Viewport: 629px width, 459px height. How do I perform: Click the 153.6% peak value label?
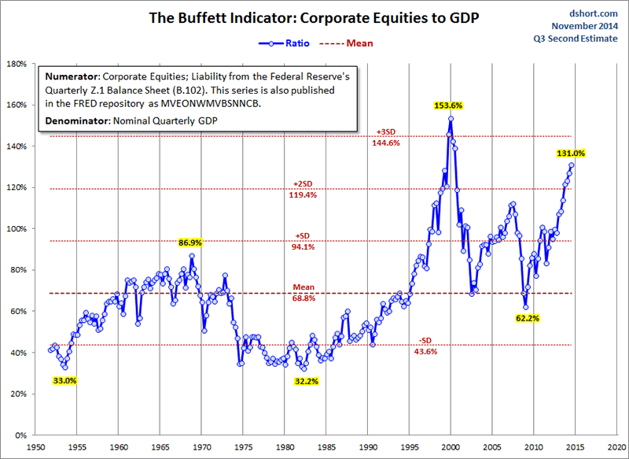pos(451,105)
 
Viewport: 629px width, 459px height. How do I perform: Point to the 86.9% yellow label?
pos(192,243)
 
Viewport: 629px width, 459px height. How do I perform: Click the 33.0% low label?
pos(64,381)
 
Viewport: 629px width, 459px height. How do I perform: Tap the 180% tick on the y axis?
pos(20,64)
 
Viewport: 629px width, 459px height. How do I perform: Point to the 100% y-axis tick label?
pos(20,229)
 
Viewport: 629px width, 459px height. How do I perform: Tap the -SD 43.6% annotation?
pos(425,346)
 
